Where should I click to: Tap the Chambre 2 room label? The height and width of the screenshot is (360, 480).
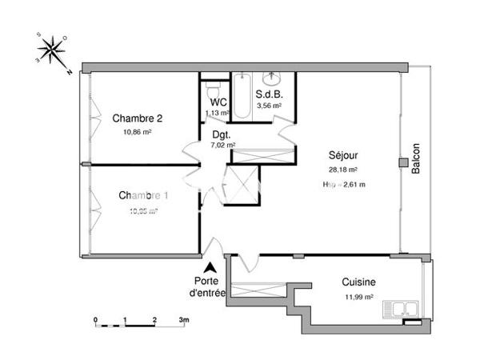pos(131,118)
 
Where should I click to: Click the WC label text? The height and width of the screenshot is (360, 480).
pos(218,103)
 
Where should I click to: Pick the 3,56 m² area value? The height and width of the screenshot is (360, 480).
pos(268,106)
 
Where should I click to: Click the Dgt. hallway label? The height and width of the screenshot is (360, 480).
pos(222,136)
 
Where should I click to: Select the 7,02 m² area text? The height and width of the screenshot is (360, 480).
pos(222,146)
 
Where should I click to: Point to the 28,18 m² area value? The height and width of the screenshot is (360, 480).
pos(342,170)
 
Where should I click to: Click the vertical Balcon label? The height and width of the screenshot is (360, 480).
pos(415,160)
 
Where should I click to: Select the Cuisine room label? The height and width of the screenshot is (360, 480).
pos(359,282)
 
